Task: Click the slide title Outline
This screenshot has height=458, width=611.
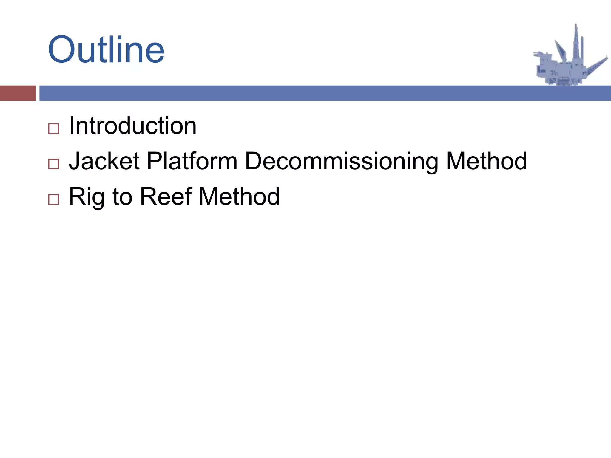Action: pyautogui.click(x=106, y=50)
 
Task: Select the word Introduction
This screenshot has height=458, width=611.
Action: pyautogui.click(x=132, y=126)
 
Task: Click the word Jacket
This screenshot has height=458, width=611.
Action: pyautogui.click(x=104, y=161)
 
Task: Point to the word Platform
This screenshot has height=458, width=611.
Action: pyautogui.click(x=192, y=161)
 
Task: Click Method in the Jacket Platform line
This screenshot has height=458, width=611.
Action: pyautogui.click(x=486, y=161)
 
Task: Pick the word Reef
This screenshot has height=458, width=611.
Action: pyautogui.click(x=166, y=197)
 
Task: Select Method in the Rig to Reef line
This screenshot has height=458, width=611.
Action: pyautogui.click(x=239, y=197)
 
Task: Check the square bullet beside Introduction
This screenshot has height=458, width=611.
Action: pyautogui.click(x=54, y=129)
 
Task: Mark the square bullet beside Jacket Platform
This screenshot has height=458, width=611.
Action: pyautogui.click(x=54, y=164)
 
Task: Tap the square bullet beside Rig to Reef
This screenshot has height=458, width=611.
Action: pyautogui.click(x=54, y=199)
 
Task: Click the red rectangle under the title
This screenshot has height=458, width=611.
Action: pyautogui.click(x=18, y=93)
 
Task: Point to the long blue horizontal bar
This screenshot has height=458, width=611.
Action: pyautogui.click(x=325, y=93)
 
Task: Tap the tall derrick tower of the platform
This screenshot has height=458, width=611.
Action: pyautogui.click(x=576, y=45)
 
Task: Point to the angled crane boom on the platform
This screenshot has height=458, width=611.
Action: pyautogui.click(x=560, y=49)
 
